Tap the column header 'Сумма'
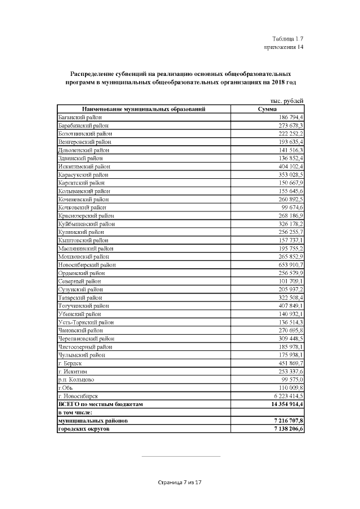267,109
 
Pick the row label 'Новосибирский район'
87,264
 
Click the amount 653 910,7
288,264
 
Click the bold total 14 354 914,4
284,404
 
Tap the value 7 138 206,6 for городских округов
286,429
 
